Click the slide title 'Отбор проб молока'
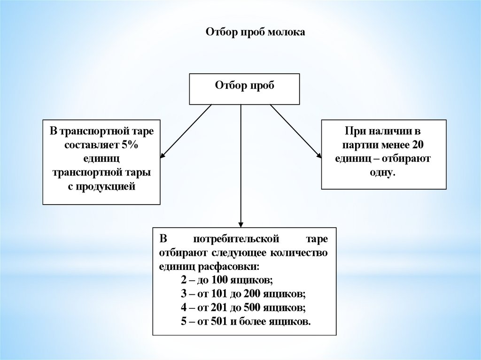pos(256,32)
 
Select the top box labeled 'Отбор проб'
pos(244,88)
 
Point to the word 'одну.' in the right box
pos(383,173)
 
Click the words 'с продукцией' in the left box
pos(101,187)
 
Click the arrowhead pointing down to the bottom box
pos(241,223)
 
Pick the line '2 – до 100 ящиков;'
pos(226,280)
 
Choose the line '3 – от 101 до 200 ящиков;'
pos(243,294)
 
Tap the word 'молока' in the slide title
pos(287,32)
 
